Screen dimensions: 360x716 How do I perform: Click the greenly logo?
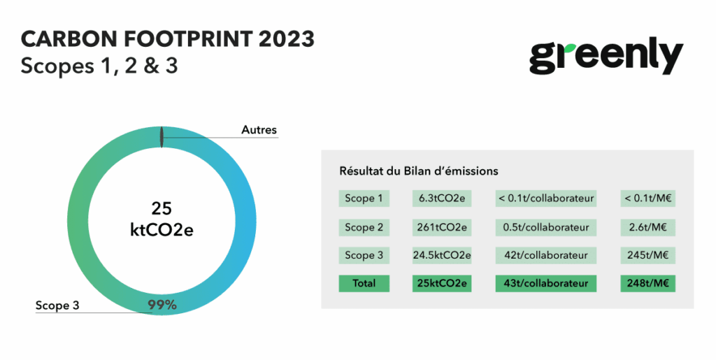point(606,57)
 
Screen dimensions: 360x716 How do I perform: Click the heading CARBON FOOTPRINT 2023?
point(168,39)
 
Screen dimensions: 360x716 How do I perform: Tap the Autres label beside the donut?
point(259,130)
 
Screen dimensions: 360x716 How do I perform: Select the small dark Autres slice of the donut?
point(162,137)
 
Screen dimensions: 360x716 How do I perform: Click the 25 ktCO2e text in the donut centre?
point(162,219)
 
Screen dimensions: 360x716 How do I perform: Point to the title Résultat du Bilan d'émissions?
point(418,171)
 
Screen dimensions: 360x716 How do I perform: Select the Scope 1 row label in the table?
point(364,199)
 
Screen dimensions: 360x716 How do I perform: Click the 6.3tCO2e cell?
point(442,199)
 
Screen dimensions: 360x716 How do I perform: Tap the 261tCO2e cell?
point(442,227)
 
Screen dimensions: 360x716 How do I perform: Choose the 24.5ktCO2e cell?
point(442,255)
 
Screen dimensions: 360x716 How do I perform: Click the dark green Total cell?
point(364,284)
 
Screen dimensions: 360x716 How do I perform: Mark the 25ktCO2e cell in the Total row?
point(442,284)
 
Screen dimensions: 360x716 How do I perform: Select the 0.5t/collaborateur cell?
point(545,227)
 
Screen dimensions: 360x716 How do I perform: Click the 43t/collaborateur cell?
point(545,284)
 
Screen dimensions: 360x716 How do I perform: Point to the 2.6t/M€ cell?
point(647,227)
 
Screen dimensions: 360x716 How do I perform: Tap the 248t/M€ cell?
point(647,284)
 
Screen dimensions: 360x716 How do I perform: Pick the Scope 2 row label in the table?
point(364,227)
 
